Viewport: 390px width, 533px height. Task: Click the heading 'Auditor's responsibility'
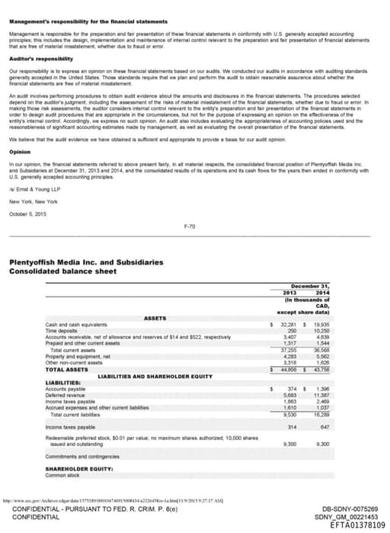(x=35, y=57)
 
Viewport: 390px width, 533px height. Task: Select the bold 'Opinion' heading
(x=20, y=151)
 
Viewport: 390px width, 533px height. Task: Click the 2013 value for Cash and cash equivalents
(x=286, y=324)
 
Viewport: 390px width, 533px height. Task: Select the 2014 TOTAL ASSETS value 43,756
(x=320, y=370)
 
